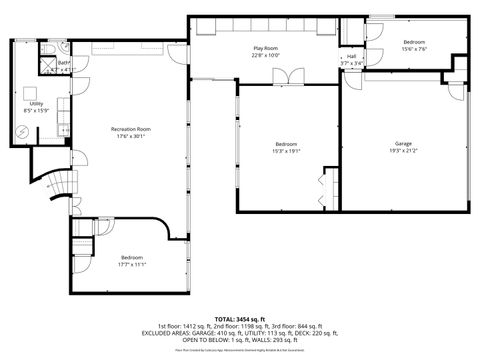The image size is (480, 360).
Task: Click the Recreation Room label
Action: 130,129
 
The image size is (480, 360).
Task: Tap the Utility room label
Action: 36,103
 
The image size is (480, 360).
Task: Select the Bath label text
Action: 62,63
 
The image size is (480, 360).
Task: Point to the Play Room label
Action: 265,47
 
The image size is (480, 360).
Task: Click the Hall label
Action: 351,56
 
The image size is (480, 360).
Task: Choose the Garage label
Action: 402,144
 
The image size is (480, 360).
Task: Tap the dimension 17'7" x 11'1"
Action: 132,264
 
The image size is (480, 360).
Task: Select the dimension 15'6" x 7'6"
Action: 414,48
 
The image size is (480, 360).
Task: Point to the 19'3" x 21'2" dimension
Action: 402,151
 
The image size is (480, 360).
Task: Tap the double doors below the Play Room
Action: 285,76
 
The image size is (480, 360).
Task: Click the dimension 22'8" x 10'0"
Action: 265,55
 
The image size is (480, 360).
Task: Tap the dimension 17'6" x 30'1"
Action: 130,137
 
